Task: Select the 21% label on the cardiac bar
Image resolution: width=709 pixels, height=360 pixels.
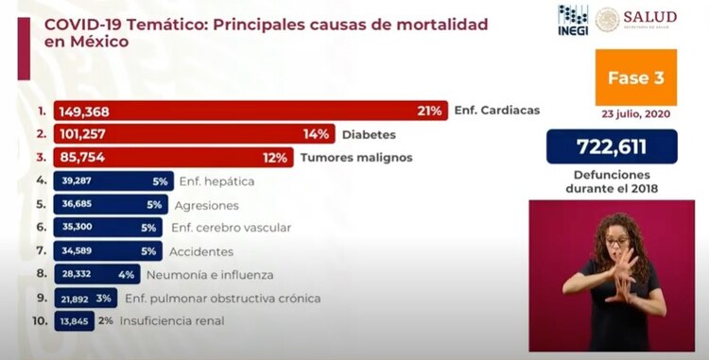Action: (429, 111)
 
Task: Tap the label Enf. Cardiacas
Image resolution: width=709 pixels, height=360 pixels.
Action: (496, 111)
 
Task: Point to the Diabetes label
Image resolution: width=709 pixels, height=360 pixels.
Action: (368, 134)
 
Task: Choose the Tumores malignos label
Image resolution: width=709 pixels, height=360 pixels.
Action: (356, 158)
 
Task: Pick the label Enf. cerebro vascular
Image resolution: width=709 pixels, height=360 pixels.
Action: (231, 229)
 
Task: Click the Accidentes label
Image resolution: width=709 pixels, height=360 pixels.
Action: (200, 252)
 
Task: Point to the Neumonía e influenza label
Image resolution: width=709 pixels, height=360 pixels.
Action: (210, 276)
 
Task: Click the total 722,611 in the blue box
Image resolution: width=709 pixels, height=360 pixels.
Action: (612, 147)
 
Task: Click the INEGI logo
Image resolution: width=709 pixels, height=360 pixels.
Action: (573, 20)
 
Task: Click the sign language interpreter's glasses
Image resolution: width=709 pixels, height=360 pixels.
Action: (617, 243)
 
